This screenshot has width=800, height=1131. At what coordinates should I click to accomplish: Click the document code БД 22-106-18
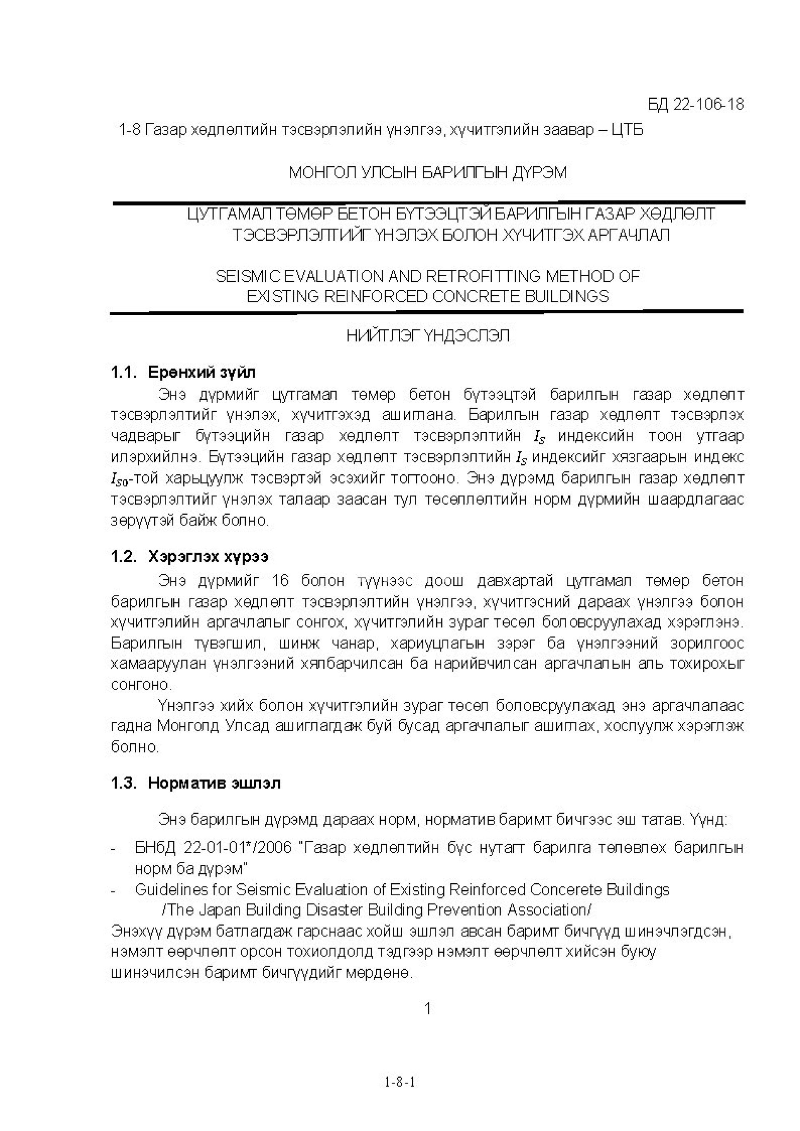695,105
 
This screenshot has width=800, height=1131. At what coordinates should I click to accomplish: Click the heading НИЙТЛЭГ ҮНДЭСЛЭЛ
427,336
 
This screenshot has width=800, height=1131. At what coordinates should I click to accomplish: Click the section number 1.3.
123,783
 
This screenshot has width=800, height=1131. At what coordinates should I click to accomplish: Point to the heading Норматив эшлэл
215,783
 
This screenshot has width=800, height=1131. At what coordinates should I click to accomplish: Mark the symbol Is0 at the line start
120,479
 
